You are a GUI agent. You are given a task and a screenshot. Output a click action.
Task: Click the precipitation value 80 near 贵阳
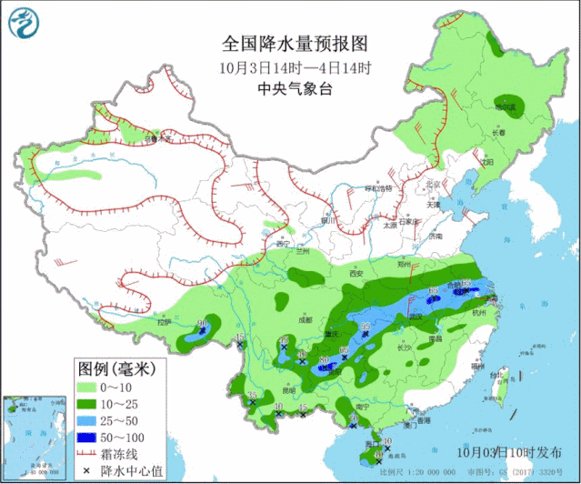325,362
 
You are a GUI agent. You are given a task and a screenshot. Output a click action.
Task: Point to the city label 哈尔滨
505,106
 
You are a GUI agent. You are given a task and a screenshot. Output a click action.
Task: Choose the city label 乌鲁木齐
159,139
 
